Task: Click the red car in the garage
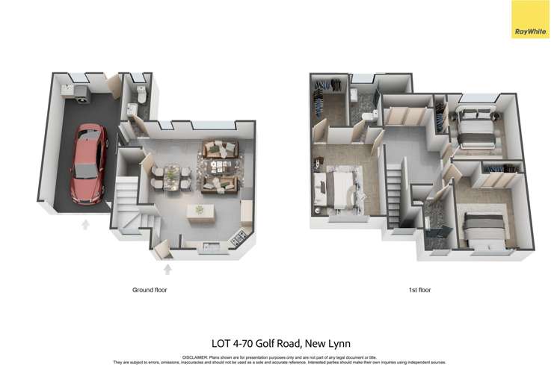pyautogui.click(x=89, y=163)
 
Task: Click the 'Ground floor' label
pyautogui.click(x=150, y=289)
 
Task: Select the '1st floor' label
pyautogui.click(x=419, y=289)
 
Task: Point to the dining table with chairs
pyautogui.click(x=171, y=175)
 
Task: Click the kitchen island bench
pyautogui.click(x=200, y=210)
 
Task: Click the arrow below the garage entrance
pyautogui.click(x=85, y=223)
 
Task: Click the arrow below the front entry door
pyautogui.click(x=167, y=269)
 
